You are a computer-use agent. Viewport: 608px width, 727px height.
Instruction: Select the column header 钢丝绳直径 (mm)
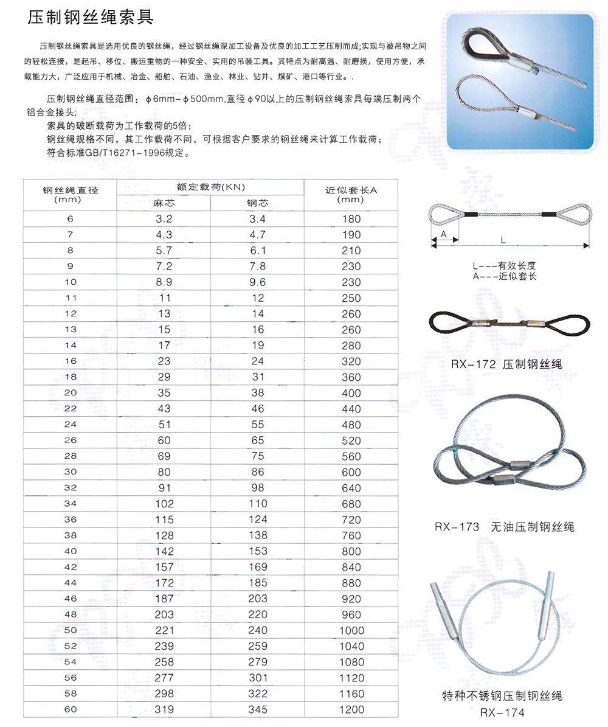(x=71, y=194)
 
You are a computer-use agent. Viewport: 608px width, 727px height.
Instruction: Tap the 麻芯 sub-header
(x=164, y=203)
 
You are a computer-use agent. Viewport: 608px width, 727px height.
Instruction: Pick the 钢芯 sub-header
(x=258, y=203)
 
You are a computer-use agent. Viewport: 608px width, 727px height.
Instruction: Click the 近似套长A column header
(x=351, y=194)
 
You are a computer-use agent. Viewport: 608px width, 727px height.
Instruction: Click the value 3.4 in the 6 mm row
(x=258, y=219)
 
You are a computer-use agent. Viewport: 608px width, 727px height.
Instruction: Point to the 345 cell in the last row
(x=258, y=709)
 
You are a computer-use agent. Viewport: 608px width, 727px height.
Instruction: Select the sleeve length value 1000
(x=351, y=630)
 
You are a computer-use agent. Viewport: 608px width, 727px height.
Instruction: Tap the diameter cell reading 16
(x=71, y=361)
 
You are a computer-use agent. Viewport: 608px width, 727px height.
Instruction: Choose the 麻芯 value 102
(x=164, y=504)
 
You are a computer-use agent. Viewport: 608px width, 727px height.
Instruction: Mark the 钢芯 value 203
(x=258, y=599)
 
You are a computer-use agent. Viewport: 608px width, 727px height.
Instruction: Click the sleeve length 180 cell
(x=351, y=219)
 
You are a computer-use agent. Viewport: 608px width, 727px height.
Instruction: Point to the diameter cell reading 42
(x=71, y=567)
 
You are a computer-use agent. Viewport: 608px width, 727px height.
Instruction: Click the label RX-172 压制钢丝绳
(x=506, y=365)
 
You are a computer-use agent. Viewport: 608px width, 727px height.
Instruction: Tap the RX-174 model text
(x=502, y=712)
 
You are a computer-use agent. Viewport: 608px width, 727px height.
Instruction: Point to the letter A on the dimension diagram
(x=444, y=234)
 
